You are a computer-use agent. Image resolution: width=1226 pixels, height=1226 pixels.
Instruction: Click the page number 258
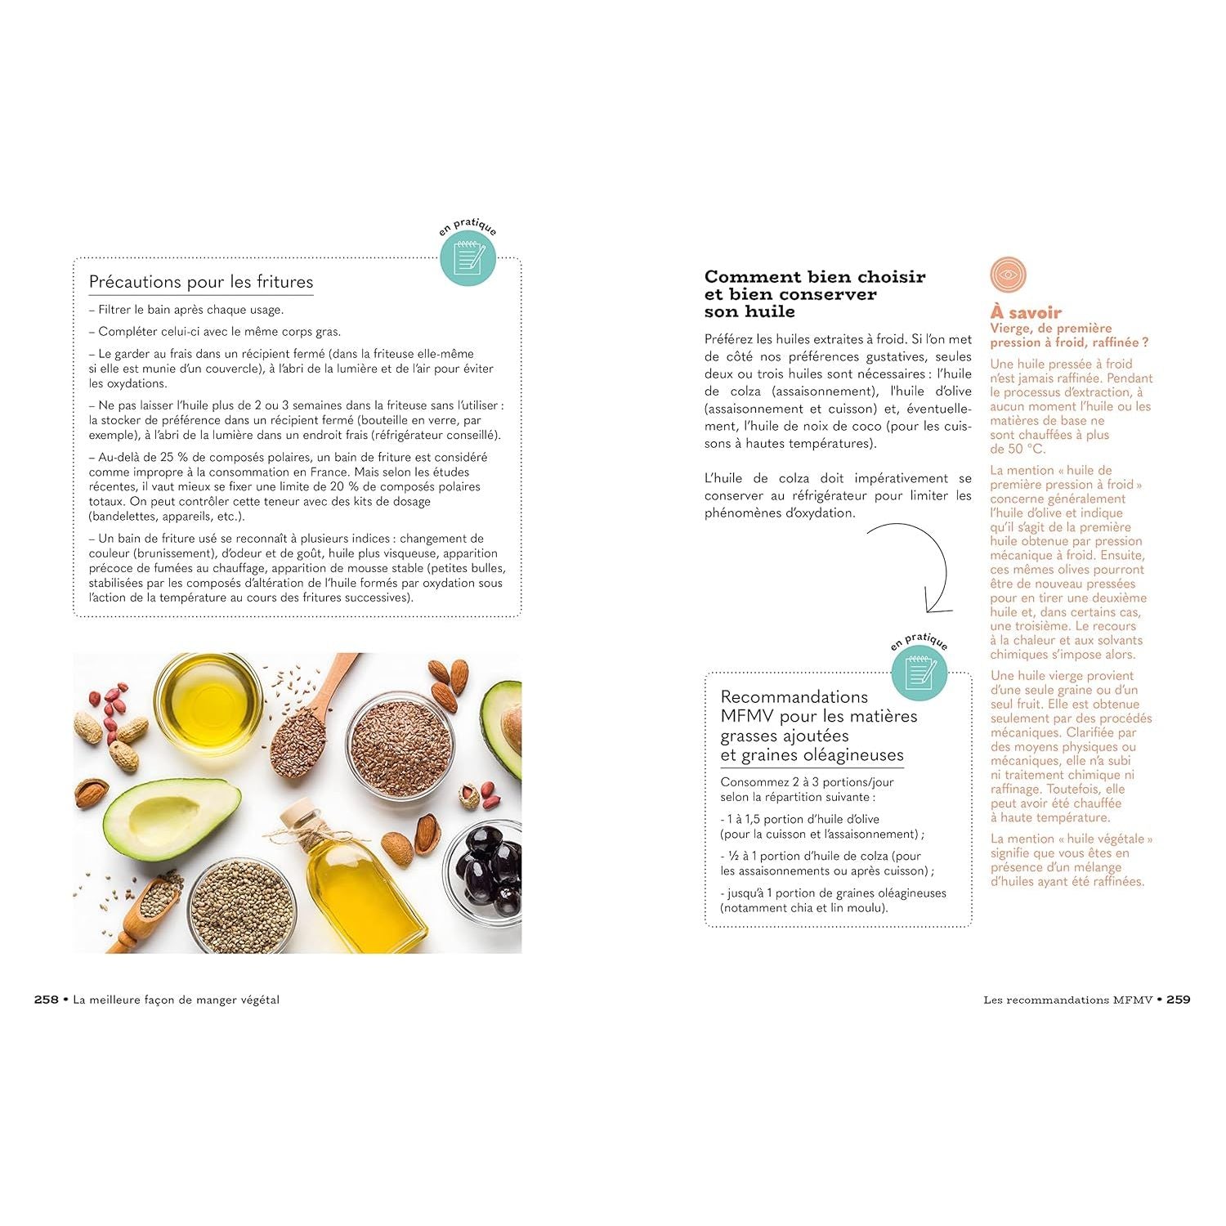[x=46, y=1000]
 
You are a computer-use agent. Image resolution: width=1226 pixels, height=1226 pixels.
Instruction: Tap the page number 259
[x=1179, y=1000]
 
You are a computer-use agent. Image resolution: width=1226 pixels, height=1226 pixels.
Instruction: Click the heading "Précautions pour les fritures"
[x=201, y=282]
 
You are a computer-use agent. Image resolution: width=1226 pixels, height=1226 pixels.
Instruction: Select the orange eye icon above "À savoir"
[x=1008, y=275]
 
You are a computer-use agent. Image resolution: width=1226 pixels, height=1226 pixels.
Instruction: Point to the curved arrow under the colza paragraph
[x=945, y=564]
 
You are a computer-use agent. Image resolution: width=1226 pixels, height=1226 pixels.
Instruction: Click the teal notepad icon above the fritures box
[x=468, y=258]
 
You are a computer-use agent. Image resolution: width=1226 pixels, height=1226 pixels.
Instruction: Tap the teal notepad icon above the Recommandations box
[x=919, y=673]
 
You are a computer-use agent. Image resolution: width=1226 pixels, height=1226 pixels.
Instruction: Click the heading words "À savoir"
[x=1026, y=312]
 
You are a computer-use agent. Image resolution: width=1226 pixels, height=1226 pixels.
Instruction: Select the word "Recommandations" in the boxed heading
[x=794, y=697]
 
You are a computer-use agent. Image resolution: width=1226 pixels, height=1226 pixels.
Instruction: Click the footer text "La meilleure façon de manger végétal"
[x=176, y=1000]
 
